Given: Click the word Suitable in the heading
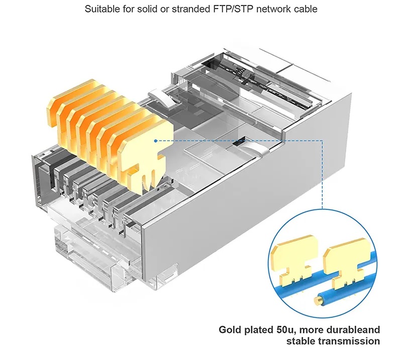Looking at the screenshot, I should click(102, 9).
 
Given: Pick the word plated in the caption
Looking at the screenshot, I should click(259, 330).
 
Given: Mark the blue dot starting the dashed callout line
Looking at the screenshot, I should click(156, 141).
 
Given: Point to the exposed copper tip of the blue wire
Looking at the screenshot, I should click(318, 301).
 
